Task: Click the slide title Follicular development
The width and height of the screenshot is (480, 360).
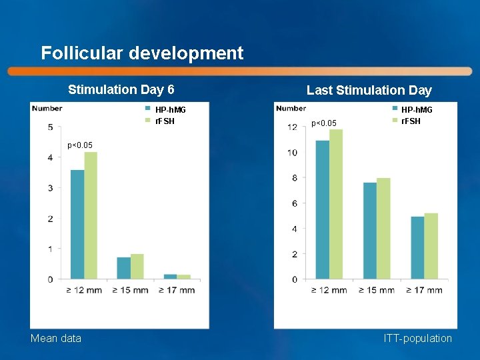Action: tap(142, 53)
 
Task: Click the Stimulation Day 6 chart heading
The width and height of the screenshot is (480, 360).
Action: tap(121, 89)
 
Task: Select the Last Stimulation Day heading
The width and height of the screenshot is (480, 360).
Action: tap(369, 90)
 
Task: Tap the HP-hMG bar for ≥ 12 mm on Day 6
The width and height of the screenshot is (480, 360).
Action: tap(77, 224)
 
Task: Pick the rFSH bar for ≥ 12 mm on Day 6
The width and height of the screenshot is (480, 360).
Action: tap(91, 215)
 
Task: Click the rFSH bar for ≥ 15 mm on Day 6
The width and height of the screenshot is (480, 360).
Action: tap(137, 266)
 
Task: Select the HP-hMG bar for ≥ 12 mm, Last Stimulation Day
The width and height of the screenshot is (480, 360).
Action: tap(322, 209)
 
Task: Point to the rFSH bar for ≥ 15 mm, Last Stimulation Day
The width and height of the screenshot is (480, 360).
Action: tap(383, 228)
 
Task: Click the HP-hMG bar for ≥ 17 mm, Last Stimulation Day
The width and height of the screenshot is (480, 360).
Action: tap(417, 247)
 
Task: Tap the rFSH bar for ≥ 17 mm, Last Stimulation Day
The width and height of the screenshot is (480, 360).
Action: tap(431, 246)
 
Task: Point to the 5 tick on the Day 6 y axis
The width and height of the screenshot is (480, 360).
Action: tap(51, 127)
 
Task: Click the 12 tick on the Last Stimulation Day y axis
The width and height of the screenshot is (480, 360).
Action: tap(292, 127)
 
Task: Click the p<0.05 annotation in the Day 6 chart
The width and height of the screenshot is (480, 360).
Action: tap(80, 145)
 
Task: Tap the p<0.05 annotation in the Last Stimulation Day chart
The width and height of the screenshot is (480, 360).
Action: tap(324, 123)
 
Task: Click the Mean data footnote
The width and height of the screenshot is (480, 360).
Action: tap(56, 339)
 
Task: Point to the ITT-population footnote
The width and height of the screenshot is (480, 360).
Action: tap(417, 339)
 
